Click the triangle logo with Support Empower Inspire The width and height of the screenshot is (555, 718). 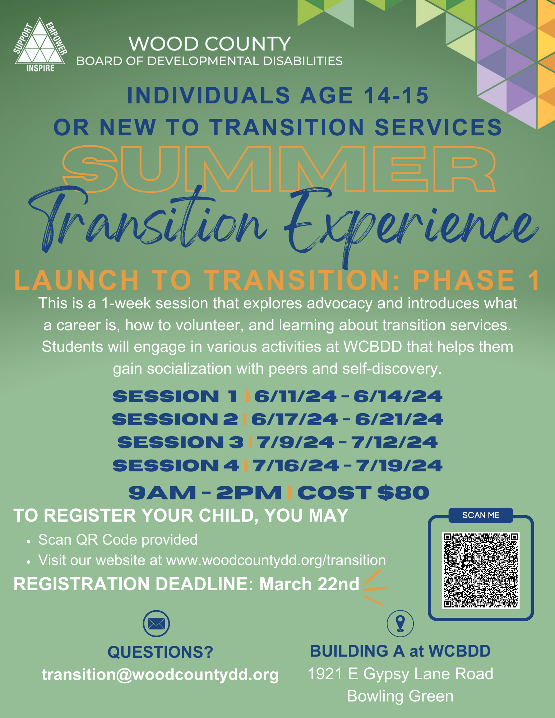pos(40,45)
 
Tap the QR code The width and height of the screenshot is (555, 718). pos(481,570)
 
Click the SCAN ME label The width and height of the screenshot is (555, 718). pos(481,515)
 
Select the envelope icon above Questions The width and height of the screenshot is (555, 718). pos(156,624)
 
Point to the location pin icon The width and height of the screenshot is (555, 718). pos(400,624)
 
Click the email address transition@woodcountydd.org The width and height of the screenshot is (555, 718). pos(160,675)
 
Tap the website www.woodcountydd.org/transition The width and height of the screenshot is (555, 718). pos(276,560)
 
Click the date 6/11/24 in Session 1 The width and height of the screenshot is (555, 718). pos(295,396)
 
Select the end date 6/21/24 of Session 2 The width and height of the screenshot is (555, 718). pos(399,419)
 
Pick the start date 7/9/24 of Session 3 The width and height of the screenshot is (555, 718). pos(295,442)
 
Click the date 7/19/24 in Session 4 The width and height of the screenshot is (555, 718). pos(399,466)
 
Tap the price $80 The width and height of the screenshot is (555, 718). pos(403,493)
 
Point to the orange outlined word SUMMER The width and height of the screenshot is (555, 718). pos(279,169)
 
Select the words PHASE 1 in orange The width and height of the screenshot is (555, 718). pos(476,280)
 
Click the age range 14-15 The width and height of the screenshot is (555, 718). pos(396,96)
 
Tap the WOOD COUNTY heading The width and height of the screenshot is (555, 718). pos(209,44)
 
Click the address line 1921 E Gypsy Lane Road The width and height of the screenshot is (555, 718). pos(400,674)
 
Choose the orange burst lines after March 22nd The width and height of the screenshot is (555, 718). pos(374,588)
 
